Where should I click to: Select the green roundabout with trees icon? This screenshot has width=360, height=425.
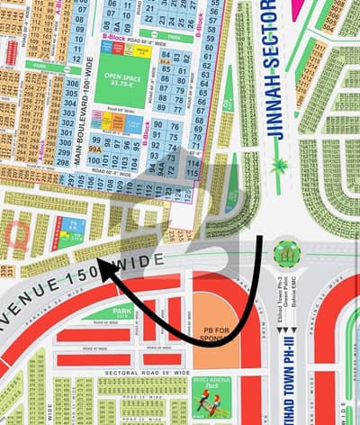[x=288, y=253]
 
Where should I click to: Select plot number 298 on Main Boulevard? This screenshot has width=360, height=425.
[x=63, y=163]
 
